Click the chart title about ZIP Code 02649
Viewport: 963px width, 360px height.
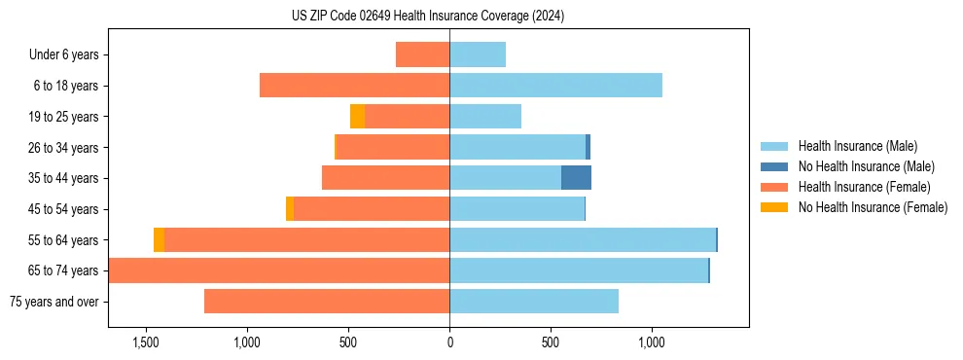[x=428, y=16]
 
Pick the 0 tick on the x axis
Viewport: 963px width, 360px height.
[x=449, y=342]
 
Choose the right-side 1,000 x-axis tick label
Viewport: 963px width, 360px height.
[x=651, y=342]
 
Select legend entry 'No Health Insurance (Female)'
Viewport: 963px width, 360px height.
[x=873, y=207]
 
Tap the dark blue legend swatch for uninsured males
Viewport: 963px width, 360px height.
[x=775, y=166]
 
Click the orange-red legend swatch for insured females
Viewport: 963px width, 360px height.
[x=775, y=187]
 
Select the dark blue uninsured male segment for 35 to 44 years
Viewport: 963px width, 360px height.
[x=576, y=178]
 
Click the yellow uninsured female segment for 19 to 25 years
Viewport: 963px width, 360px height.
[x=357, y=117]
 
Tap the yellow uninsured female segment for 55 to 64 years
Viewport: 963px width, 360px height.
[x=159, y=240]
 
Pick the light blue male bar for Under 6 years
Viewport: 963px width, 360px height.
[x=478, y=54]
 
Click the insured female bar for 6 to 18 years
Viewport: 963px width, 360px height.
[x=354, y=86]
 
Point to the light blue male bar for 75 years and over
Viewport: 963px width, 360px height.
[x=534, y=302]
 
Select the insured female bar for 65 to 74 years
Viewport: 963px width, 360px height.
[x=279, y=270]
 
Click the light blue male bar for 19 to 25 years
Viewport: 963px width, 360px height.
[x=485, y=117]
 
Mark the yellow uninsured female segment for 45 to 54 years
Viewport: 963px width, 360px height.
[x=290, y=209]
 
